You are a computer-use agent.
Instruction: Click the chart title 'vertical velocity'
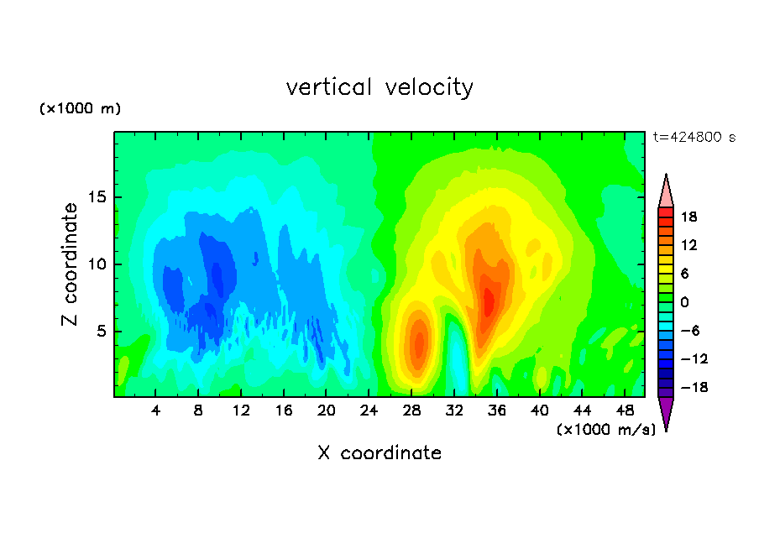(x=379, y=88)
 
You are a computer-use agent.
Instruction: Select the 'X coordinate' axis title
(x=379, y=452)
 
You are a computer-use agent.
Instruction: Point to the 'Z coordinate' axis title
(x=70, y=264)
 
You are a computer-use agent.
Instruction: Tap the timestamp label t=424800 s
(x=694, y=137)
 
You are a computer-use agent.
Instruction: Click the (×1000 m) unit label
(x=80, y=108)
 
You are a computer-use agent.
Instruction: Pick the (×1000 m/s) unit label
(x=606, y=429)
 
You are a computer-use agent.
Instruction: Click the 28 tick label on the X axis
(x=411, y=410)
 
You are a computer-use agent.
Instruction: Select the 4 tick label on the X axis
(x=155, y=410)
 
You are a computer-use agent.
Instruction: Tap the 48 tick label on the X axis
(x=625, y=410)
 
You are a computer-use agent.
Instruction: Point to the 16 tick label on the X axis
(x=284, y=410)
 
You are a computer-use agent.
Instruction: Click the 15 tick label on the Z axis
(x=97, y=197)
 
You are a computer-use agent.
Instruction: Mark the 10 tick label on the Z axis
(x=97, y=264)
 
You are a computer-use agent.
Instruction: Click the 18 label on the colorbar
(x=688, y=217)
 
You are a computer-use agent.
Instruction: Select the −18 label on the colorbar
(x=694, y=387)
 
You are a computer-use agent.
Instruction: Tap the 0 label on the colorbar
(x=684, y=302)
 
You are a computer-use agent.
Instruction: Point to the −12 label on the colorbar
(x=694, y=358)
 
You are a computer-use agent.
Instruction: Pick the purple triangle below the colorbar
(x=666, y=411)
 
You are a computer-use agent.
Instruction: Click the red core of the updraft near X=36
(x=489, y=301)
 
